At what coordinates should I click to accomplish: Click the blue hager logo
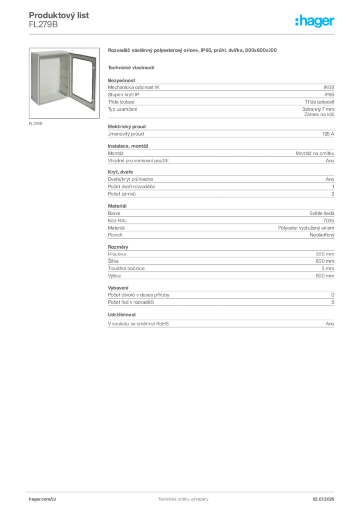(x=315, y=21)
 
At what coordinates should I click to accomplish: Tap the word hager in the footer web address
(x=37, y=498)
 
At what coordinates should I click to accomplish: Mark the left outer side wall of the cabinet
(x=34, y=80)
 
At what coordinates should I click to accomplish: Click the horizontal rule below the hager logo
(x=183, y=34)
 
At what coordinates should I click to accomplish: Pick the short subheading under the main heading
(x=131, y=67)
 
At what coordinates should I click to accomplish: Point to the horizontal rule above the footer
(x=183, y=491)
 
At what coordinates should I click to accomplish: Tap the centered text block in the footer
(x=183, y=498)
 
